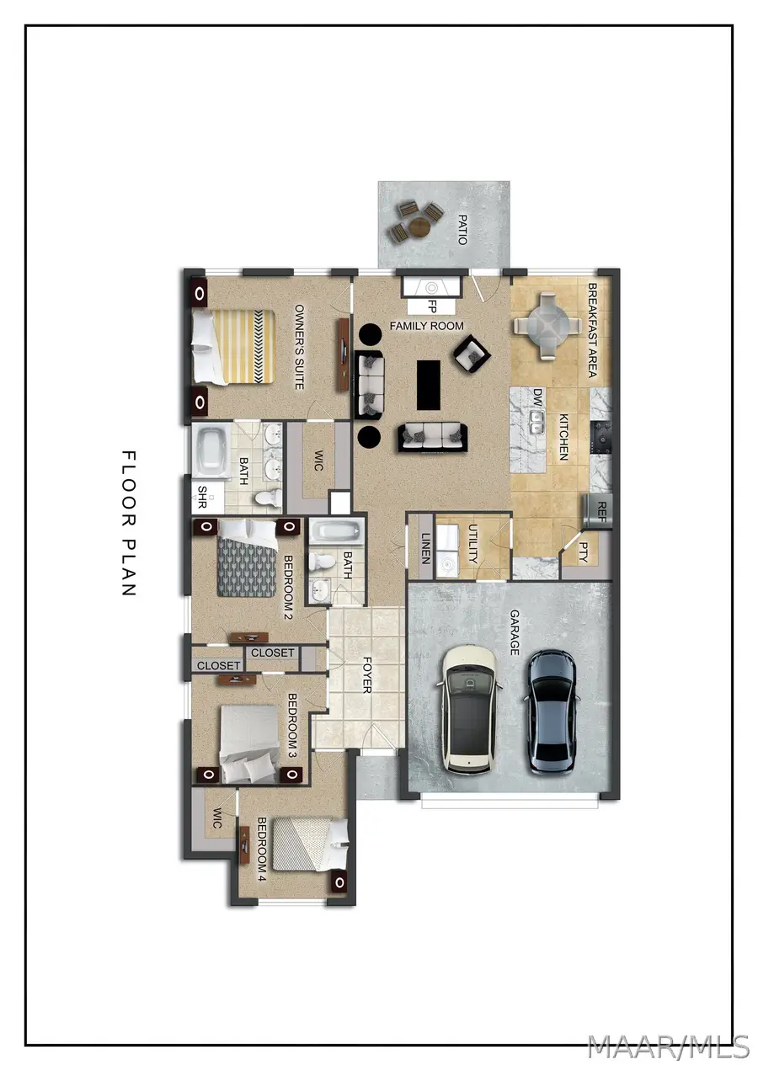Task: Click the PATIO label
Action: tap(462, 230)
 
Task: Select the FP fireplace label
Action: tap(431, 306)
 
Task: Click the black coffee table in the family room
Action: tap(428, 385)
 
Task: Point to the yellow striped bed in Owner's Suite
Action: tap(233, 340)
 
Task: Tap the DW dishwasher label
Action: tap(538, 397)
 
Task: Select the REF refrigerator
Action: tap(598, 511)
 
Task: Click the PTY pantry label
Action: tap(584, 552)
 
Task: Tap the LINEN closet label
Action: tap(425, 548)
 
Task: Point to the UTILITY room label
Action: tap(472, 544)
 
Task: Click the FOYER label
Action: tap(367, 675)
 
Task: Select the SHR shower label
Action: tap(202, 497)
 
